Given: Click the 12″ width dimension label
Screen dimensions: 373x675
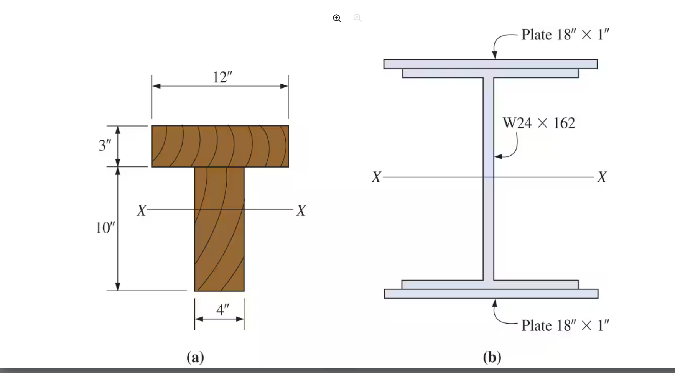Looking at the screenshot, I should tap(222, 77).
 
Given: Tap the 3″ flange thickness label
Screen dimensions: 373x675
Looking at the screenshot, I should tap(105, 145).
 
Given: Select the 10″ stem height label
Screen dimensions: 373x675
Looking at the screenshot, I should tap(105, 228).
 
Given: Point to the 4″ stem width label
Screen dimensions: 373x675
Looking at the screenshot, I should tap(222, 309).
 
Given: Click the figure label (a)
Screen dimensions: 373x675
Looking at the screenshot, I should tap(195, 357).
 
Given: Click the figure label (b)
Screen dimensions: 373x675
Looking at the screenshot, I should tap(492, 357).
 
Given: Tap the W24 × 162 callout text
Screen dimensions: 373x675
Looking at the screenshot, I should tap(539, 123).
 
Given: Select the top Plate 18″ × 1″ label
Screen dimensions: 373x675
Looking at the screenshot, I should tap(565, 35).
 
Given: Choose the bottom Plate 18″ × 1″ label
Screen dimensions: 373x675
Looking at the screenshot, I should tap(565, 325).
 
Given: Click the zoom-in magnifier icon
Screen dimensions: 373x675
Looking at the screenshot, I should tap(337, 18).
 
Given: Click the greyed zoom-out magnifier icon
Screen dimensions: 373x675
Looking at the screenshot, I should tap(357, 18).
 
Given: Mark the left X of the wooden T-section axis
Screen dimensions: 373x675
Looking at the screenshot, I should tap(142, 210).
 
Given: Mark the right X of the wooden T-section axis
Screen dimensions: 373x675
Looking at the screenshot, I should tap(301, 210).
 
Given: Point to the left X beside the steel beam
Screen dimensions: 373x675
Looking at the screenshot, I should tap(376, 177).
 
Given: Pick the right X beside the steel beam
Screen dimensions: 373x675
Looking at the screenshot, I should tap(602, 177).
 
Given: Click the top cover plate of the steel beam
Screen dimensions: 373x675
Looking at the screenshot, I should tap(491, 64).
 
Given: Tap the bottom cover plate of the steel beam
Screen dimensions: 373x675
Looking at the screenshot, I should tap(491, 294).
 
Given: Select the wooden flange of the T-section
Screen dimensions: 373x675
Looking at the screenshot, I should tap(220, 146).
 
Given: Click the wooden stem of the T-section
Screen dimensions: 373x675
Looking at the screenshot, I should tap(219, 238).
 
